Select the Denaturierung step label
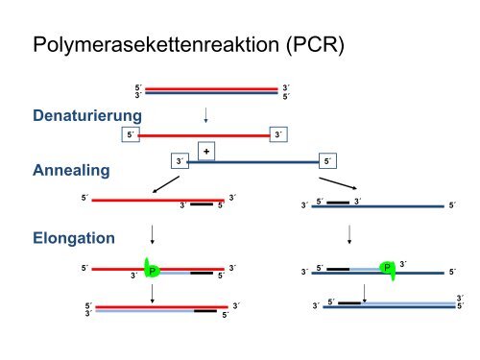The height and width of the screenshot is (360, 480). click(87, 116)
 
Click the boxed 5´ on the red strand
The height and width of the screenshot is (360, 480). click(133, 135)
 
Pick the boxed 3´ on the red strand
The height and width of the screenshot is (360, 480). click(278, 135)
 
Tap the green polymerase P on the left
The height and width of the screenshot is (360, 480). click(151, 272)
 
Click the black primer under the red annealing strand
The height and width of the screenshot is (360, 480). click(201, 204)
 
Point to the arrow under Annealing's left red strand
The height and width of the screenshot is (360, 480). click(154, 235)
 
